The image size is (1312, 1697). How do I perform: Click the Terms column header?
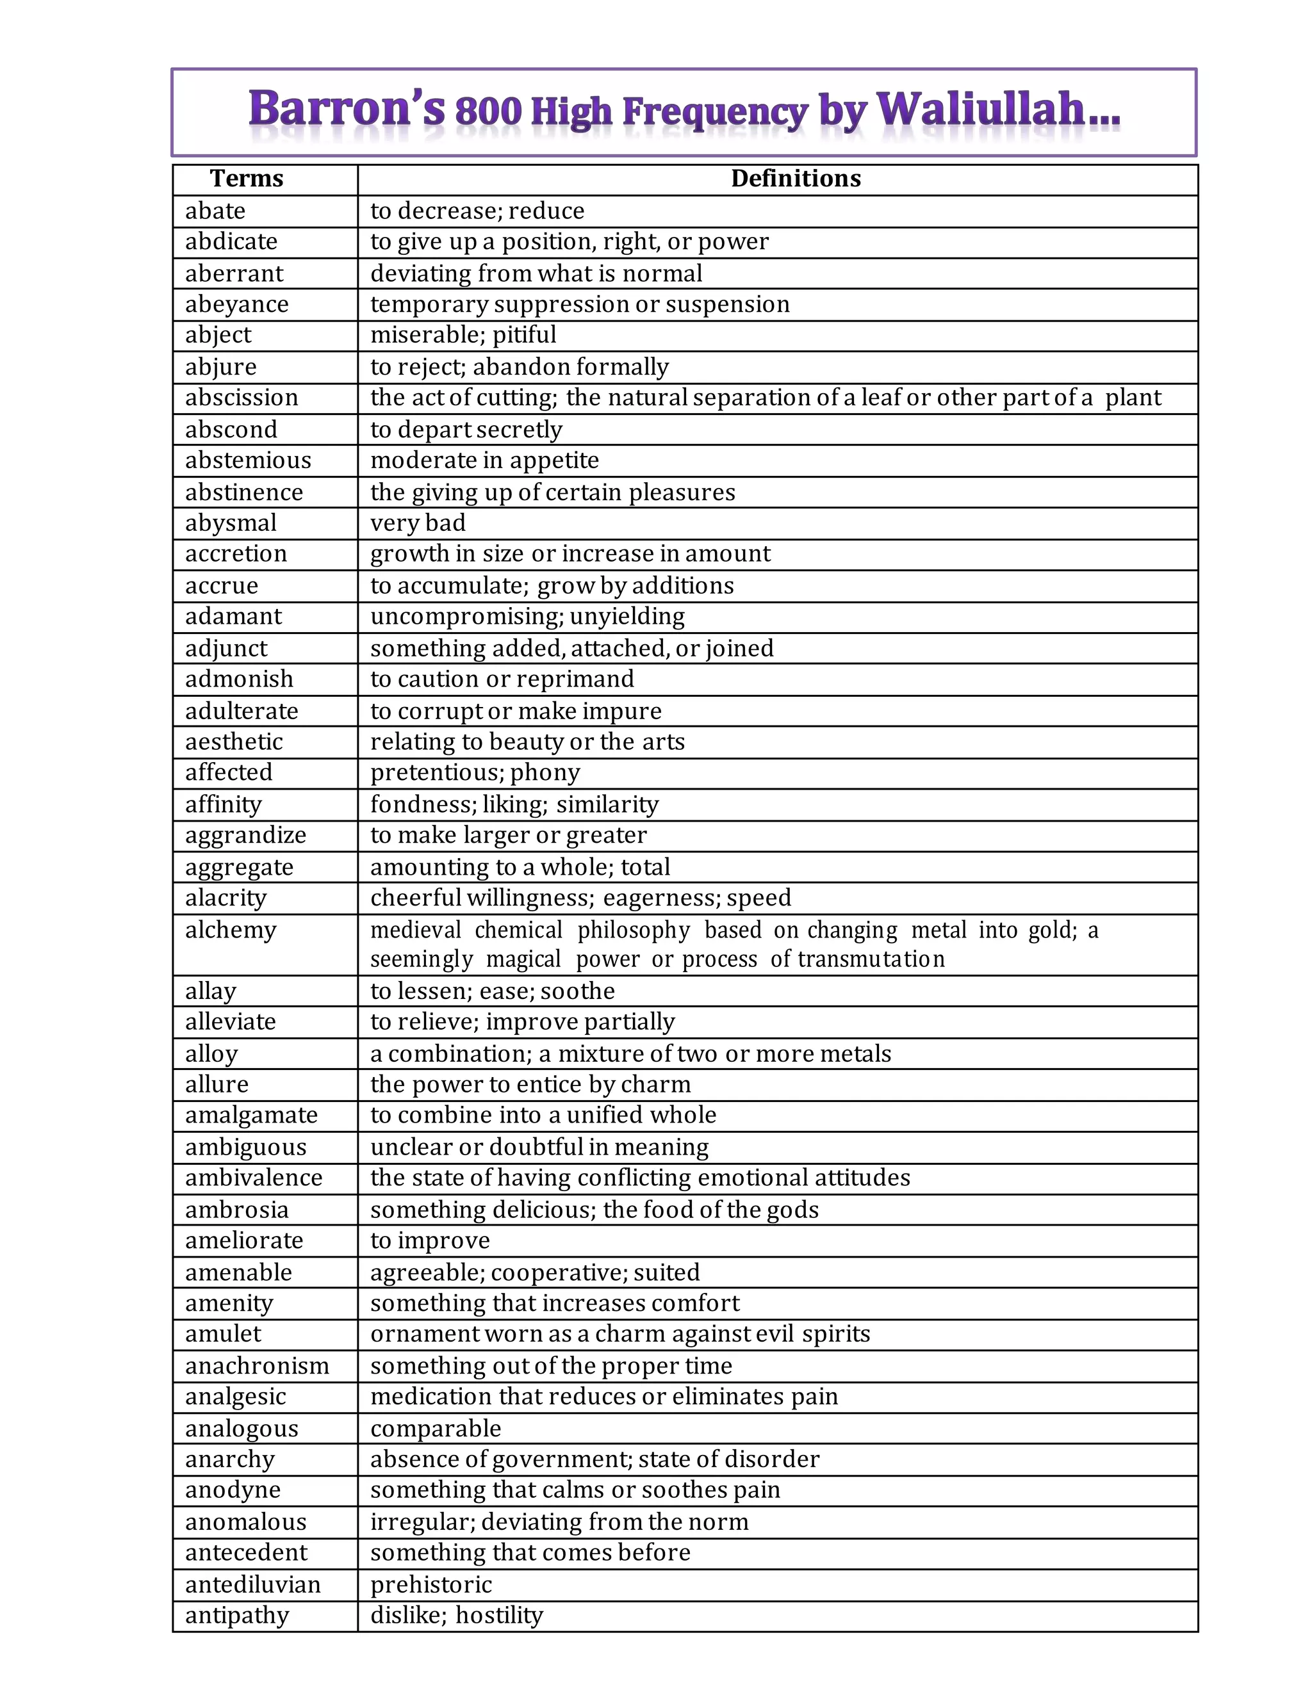click(247, 179)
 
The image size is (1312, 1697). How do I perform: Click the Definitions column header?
click(795, 179)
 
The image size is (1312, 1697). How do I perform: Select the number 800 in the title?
click(488, 112)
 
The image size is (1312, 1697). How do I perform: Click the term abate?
click(215, 211)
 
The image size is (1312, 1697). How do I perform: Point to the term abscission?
click(242, 398)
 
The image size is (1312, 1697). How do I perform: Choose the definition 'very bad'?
click(418, 523)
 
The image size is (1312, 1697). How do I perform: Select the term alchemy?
click(231, 930)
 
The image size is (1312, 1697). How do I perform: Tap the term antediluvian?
click(252, 1584)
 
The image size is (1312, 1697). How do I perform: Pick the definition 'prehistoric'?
click(431, 1584)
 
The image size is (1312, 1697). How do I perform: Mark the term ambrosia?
click(237, 1210)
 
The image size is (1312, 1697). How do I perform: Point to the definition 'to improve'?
click(430, 1241)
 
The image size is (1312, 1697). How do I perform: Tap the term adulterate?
click(242, 711)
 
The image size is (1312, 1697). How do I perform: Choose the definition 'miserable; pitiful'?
click(463, 335)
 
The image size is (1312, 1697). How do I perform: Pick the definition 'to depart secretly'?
click(466, 430)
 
